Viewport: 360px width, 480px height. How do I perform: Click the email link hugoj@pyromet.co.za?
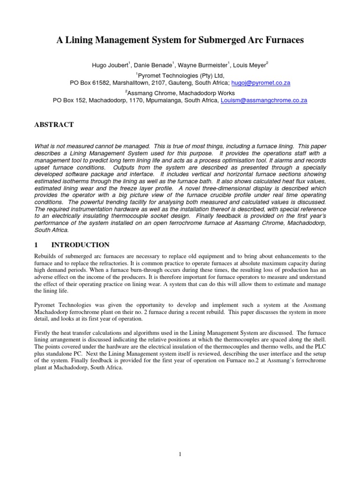[x=261, y=82]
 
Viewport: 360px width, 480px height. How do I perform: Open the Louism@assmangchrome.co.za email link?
[x=263, y=100]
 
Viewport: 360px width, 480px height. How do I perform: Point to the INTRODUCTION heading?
[x=80, y=245]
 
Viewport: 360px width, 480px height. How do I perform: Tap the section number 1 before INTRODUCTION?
[x=37, y=245]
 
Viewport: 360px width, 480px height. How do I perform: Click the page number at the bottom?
[x=180, y=454]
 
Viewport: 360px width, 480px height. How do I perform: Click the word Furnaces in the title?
[x=283, y=40]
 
